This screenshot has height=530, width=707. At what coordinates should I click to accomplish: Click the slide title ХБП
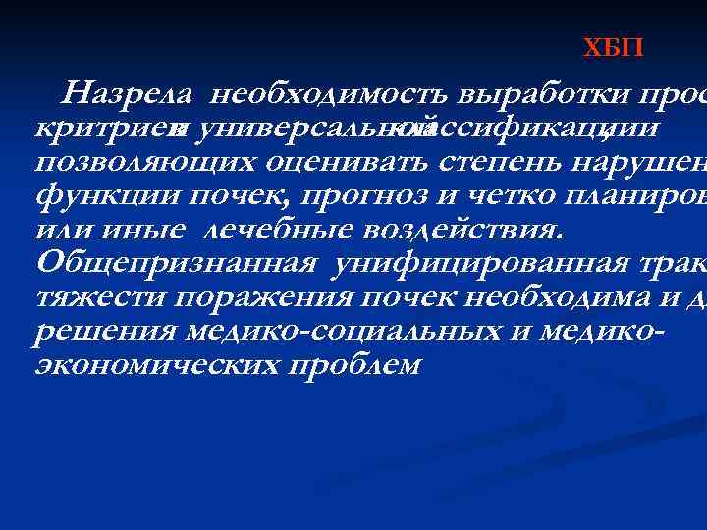pos(614,48)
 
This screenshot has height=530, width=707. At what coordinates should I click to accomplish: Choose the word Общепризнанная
pos(176,263)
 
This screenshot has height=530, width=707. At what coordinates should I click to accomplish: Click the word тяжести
pos(86,297)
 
